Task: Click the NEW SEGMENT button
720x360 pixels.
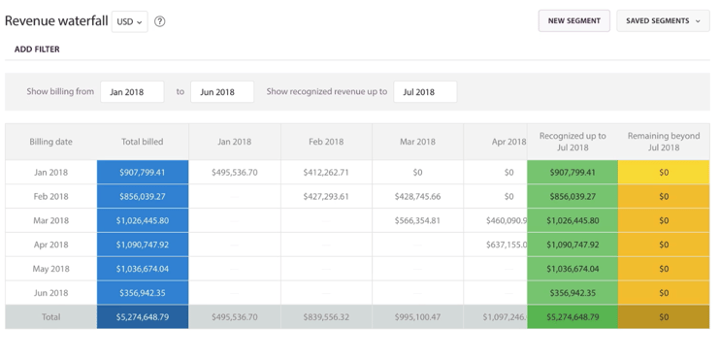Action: [573, 20]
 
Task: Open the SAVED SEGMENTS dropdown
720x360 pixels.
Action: [663, 20]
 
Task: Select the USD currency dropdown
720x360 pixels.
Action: [129, 21]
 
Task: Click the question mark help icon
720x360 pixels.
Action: [160, 21]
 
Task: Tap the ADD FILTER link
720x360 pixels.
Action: [37, 49]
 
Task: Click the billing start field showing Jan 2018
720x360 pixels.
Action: [132, 92]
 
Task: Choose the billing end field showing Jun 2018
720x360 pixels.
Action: [221, 92]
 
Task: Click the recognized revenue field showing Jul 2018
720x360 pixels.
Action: [425, 92]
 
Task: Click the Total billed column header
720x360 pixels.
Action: [142, 142]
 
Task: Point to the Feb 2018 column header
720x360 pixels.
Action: [326, 142]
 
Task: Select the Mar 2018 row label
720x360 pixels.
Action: [50, 220]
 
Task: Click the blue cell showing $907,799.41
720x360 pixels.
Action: [142, 173]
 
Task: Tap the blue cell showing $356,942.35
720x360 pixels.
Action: [142, 293]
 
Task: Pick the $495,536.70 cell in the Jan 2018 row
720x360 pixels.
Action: [234, 173]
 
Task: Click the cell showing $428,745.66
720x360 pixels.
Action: [417, 196]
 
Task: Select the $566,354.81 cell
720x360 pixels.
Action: [417, 220]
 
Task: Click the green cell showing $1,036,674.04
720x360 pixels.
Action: [573, 269]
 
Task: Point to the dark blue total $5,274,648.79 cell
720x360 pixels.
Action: [142, 317]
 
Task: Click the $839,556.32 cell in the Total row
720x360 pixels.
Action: [326, 317]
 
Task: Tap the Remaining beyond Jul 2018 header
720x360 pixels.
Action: [664, 142]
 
